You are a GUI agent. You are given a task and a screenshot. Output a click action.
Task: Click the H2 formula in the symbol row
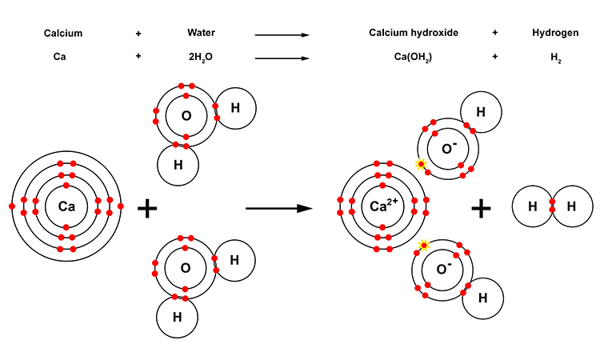[552, 58]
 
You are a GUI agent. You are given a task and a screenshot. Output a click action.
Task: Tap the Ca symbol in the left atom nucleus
[66, 206]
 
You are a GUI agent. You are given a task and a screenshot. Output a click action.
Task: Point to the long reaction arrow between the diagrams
[278, 208]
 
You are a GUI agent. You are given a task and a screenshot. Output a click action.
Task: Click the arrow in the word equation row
[282, 34]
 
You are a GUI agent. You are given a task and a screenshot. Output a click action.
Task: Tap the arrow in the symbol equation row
[282, 58]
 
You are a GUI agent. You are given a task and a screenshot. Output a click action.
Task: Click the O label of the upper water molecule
[186, 116]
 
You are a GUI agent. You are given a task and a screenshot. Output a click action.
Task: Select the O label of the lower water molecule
[186, 269]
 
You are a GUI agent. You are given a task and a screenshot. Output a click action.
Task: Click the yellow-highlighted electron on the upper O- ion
[421, 165]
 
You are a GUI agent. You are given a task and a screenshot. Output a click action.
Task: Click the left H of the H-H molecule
[532, 206]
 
